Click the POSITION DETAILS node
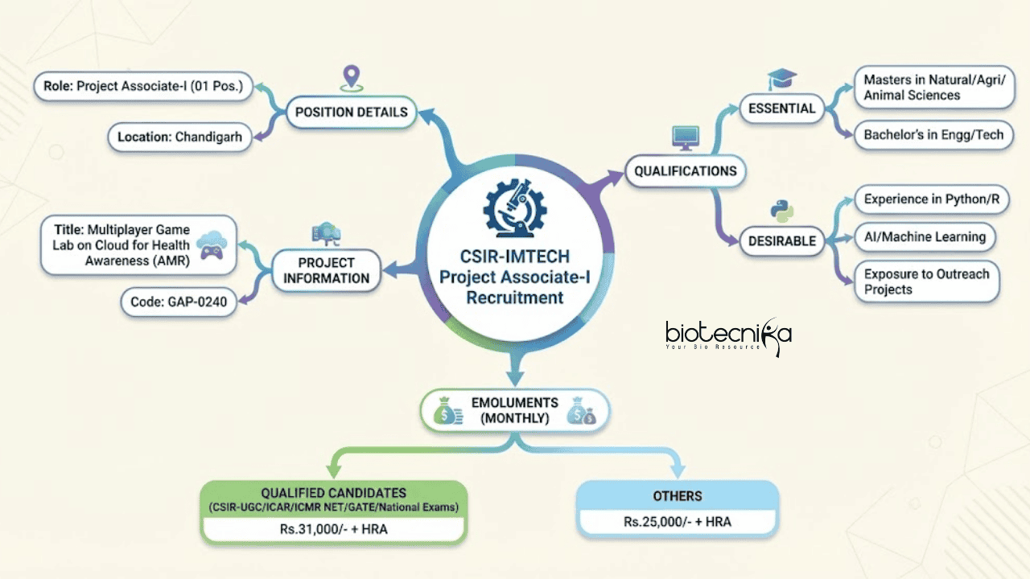click(x=352, y=113)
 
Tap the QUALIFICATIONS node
click(x=686, y=170)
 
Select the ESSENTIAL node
click(x=781, y=109)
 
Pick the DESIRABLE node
click(x=781, y=240)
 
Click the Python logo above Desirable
click(x=781, y=211)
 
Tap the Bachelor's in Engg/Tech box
click(x=933, y=135)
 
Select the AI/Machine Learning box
click(x=925, y=236)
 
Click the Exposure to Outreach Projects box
click(x=926, y=281)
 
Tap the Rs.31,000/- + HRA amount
click(x=334, y=528)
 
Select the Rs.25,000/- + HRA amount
click(x=678, y=521)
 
